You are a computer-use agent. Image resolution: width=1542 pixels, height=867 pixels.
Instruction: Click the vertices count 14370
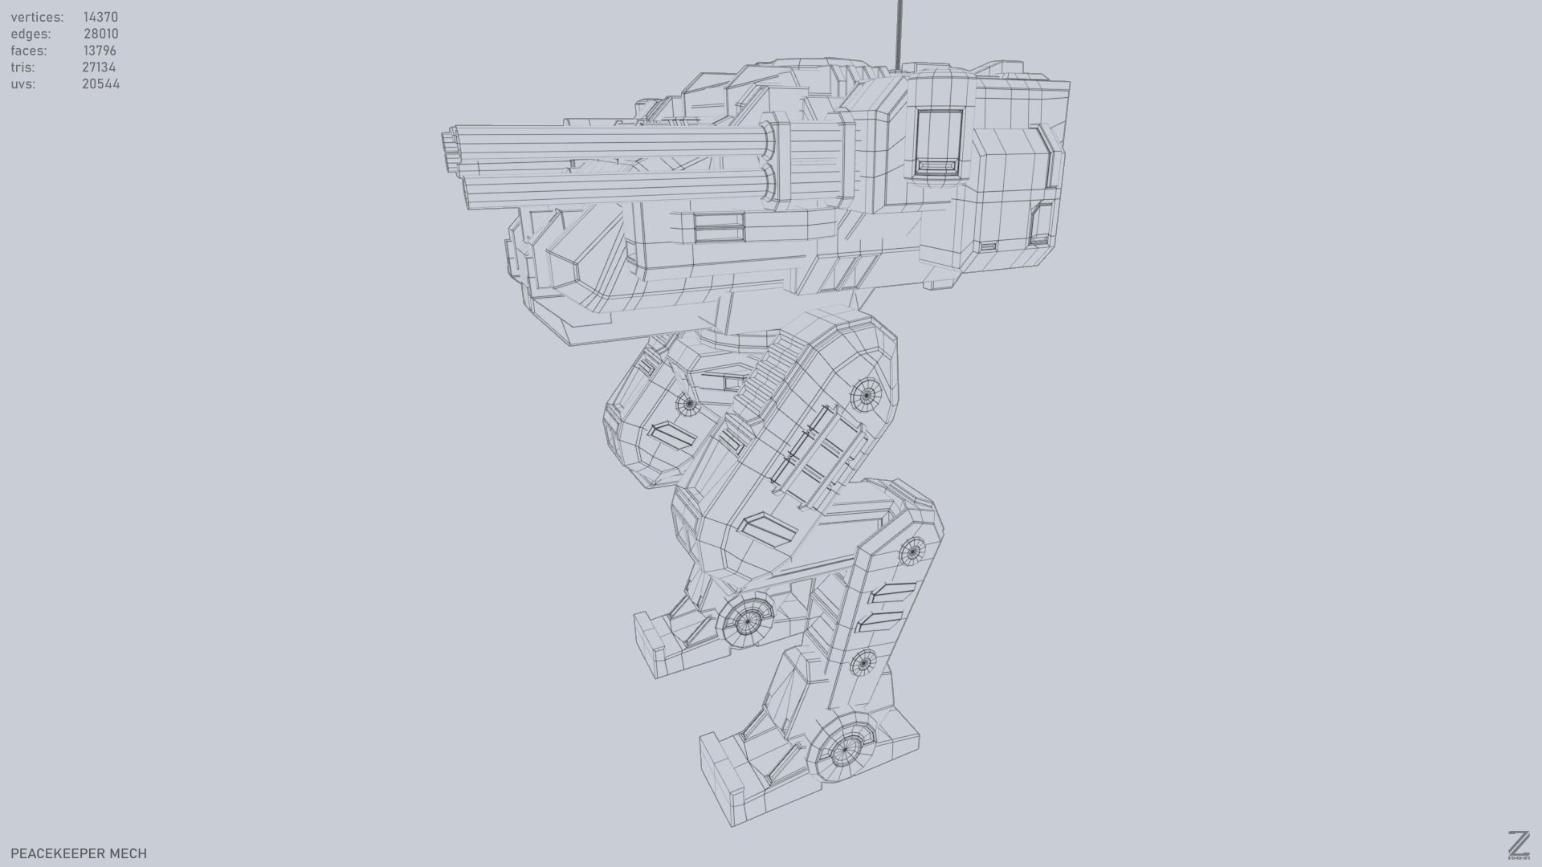click(100, 17)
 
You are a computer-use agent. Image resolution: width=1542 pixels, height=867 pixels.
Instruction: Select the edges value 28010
click(100, 34)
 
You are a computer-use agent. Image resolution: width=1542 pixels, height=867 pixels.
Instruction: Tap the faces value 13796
click(100, 51)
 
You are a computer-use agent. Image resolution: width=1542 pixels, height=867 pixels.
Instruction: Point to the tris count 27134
click(99, 67)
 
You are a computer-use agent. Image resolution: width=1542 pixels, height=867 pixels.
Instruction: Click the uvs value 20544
click(100, 84)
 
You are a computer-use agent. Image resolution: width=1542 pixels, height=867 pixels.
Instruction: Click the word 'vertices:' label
click(37, 17)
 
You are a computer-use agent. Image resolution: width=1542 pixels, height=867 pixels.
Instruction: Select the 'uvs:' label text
click(22, 84)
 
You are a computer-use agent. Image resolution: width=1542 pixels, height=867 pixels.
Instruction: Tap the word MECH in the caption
click(128, 853)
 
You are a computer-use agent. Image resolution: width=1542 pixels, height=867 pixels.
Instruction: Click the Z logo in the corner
click(1518, 845)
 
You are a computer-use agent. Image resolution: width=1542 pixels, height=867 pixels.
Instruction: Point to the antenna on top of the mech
click(899, 32)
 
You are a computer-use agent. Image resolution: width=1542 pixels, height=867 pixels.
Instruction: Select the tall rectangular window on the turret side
click(938, 143)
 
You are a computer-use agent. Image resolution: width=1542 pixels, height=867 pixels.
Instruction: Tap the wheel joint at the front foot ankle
click(748, 619)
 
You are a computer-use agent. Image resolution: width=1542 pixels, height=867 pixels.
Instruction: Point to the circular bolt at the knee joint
click(912, 551)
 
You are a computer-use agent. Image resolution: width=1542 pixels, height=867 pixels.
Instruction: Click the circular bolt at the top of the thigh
click(867, 394)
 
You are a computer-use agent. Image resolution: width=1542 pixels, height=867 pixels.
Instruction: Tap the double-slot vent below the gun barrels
click(719, 227)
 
